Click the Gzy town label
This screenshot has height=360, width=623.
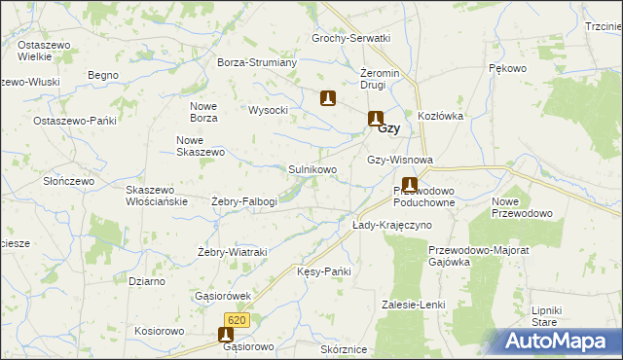pyautogui.click(x=388, y=127)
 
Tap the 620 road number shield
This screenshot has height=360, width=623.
pyautogui.click(x=238, y=320)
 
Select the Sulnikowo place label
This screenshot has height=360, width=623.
pyautogui.click(x=312, y=169)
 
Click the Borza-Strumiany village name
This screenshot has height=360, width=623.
pyautogui.click(x=257, y=62)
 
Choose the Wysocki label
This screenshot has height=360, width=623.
pyautogui.click(x=269, y=110)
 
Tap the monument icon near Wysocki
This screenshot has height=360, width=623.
pyautogui.click(x=329, y=97)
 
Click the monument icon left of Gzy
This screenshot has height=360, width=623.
pyautogui.click(x=375, y=120)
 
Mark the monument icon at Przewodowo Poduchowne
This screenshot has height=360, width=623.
pyautogui.click(x=410, y=184)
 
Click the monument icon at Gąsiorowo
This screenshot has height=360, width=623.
pyautogui.click(x=223, y=335)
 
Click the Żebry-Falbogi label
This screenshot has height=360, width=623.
pyautogui.click(x=244, y=201)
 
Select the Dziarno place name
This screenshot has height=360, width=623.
pyautogui.click(x=146, y=281)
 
